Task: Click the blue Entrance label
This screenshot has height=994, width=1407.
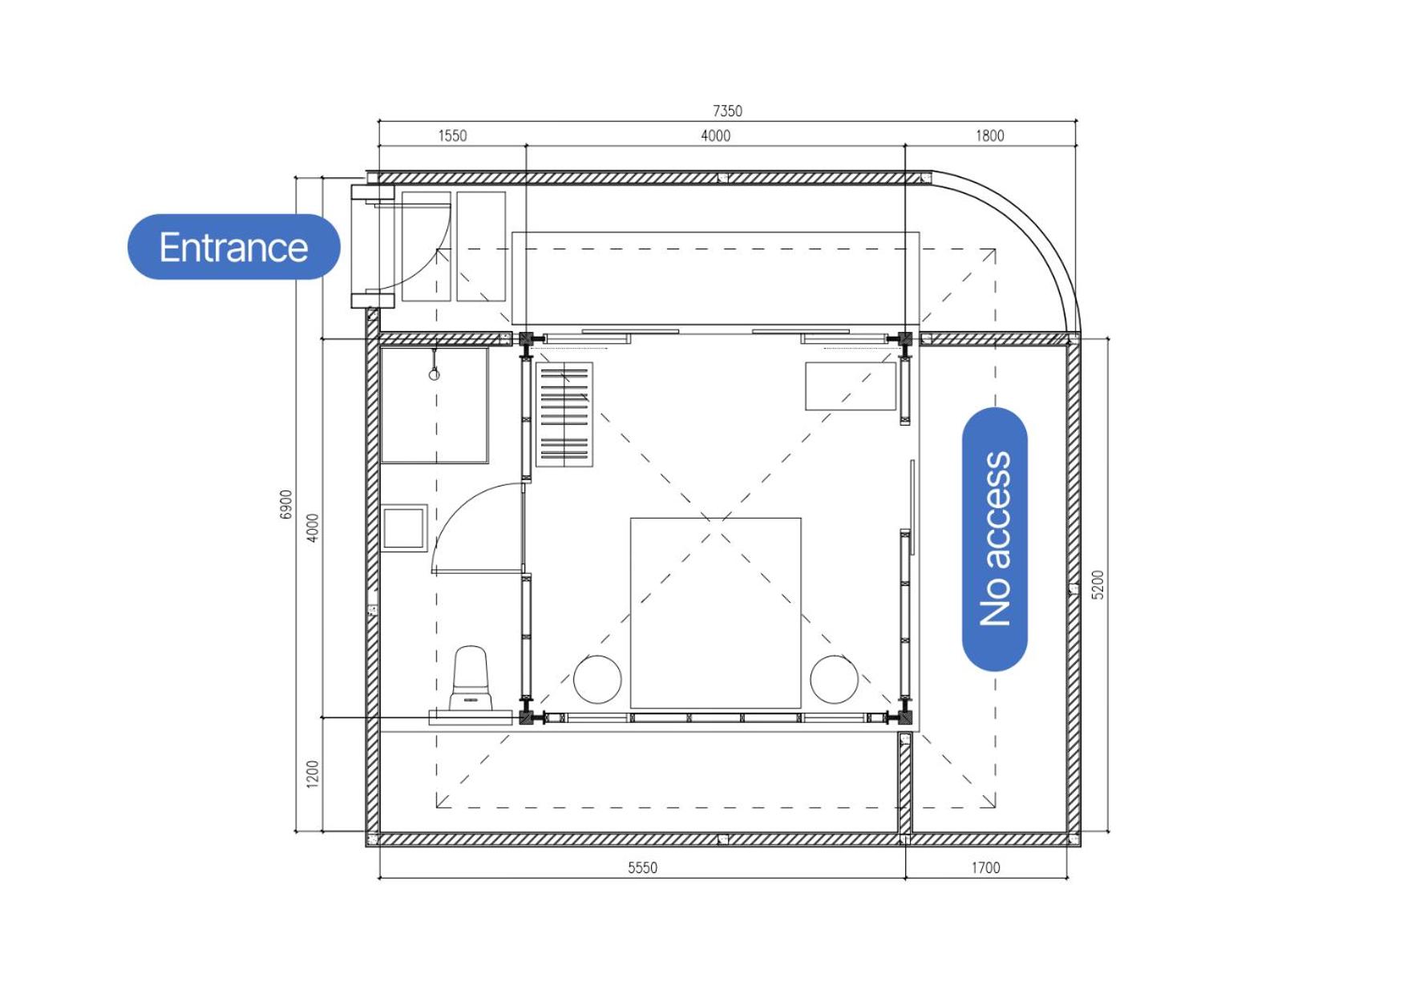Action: tap(233, 247)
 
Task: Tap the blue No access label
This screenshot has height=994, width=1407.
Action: tap(995, 539)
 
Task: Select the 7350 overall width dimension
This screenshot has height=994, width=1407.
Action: tap(727, 111)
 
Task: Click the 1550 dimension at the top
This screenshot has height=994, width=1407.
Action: tap(452, 135)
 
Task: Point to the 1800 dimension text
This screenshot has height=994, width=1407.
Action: tap(989, 135)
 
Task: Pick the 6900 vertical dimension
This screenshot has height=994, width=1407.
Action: tap(286, 504)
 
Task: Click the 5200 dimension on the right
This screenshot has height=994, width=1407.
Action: tap(1098, 584)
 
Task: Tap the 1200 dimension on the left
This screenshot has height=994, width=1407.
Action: tap(313, 774)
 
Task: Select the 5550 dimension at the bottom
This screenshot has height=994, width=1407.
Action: tap(642, 867)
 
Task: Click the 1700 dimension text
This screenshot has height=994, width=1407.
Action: tap(985, 867)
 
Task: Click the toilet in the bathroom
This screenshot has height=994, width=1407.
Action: tap(471, 681)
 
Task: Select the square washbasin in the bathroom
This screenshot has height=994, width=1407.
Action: tap(404, 528)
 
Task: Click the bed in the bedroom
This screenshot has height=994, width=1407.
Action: tap(715, 613)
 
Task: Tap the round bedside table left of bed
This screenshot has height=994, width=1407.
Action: tap(597, 680)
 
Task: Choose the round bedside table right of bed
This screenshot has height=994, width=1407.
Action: tap(834, 680)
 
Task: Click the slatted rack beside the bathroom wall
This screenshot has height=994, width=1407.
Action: tap(564, 414)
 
